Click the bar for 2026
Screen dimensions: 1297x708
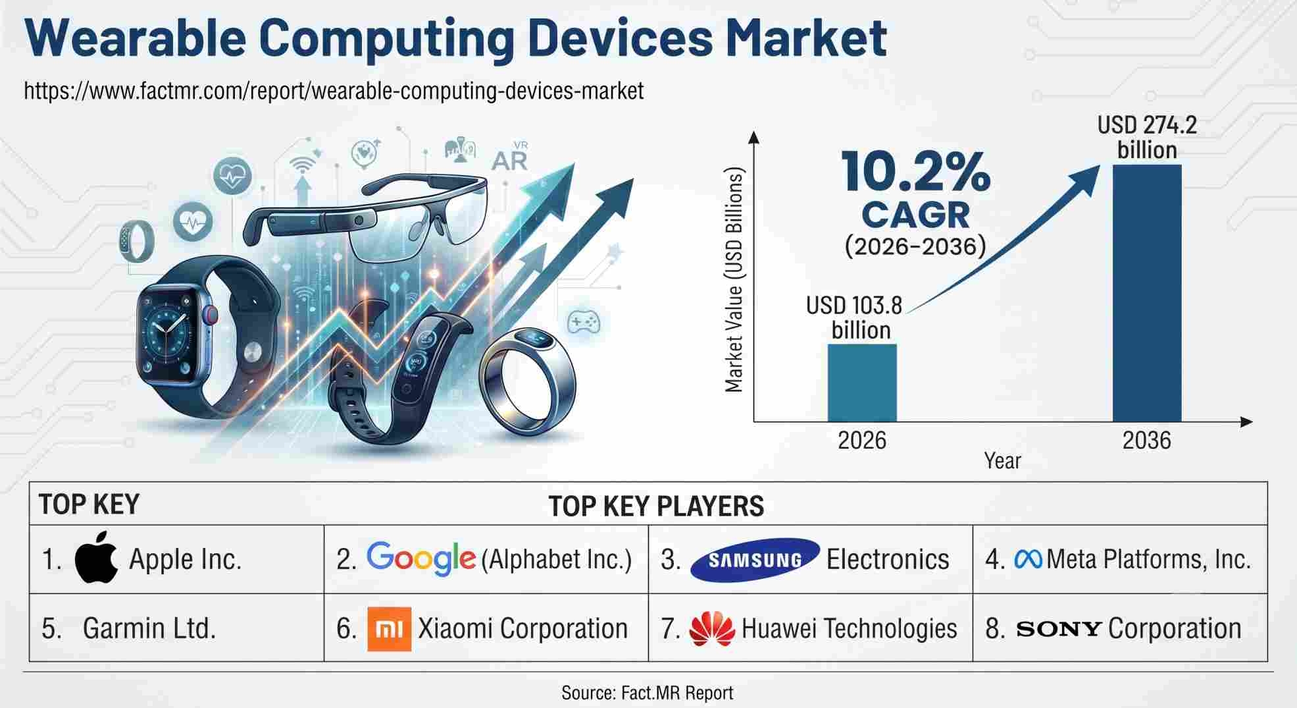pyautogui.click(x=861, y=383)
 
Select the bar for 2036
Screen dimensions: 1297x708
pyautogui.click(x=1147, y=293)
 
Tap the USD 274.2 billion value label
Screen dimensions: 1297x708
pyautogui.click(x=1147, y=137)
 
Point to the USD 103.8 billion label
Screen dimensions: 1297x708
pyautogui.click(x=855, y=317)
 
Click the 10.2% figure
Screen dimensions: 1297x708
pyautogui.click(x=916, y=173)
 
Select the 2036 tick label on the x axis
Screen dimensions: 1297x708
pyautogui.click(x=1146, y=440)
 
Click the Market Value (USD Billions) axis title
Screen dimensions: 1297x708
pyautogui.click(x=734, y=280)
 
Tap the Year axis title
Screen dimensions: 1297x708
pyautogui.click(x=1002, y=460)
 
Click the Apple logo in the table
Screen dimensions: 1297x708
pyautogui.click(x=96, y=557)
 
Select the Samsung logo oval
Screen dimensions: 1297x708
pyautogui.click(x=755, y=560)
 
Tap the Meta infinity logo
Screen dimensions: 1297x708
pyautogui.click(x=1028, y=559)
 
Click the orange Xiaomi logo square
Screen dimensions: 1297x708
pyautogui.click(x=389, y=629)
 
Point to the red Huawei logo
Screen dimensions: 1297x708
pyautogui.click(x=711, y=628)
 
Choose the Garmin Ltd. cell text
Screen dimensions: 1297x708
pyautogui.click(x=149, y=628)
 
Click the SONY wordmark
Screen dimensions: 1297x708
pyautogui.click(x=1059, y=629)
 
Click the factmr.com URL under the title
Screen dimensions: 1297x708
pyautogui.click(x=334, y=90)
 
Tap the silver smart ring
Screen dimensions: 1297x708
pyautogui.click(x=527, y=381)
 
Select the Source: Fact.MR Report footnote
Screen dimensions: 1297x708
pyautogui.click(x=647, y=692)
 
